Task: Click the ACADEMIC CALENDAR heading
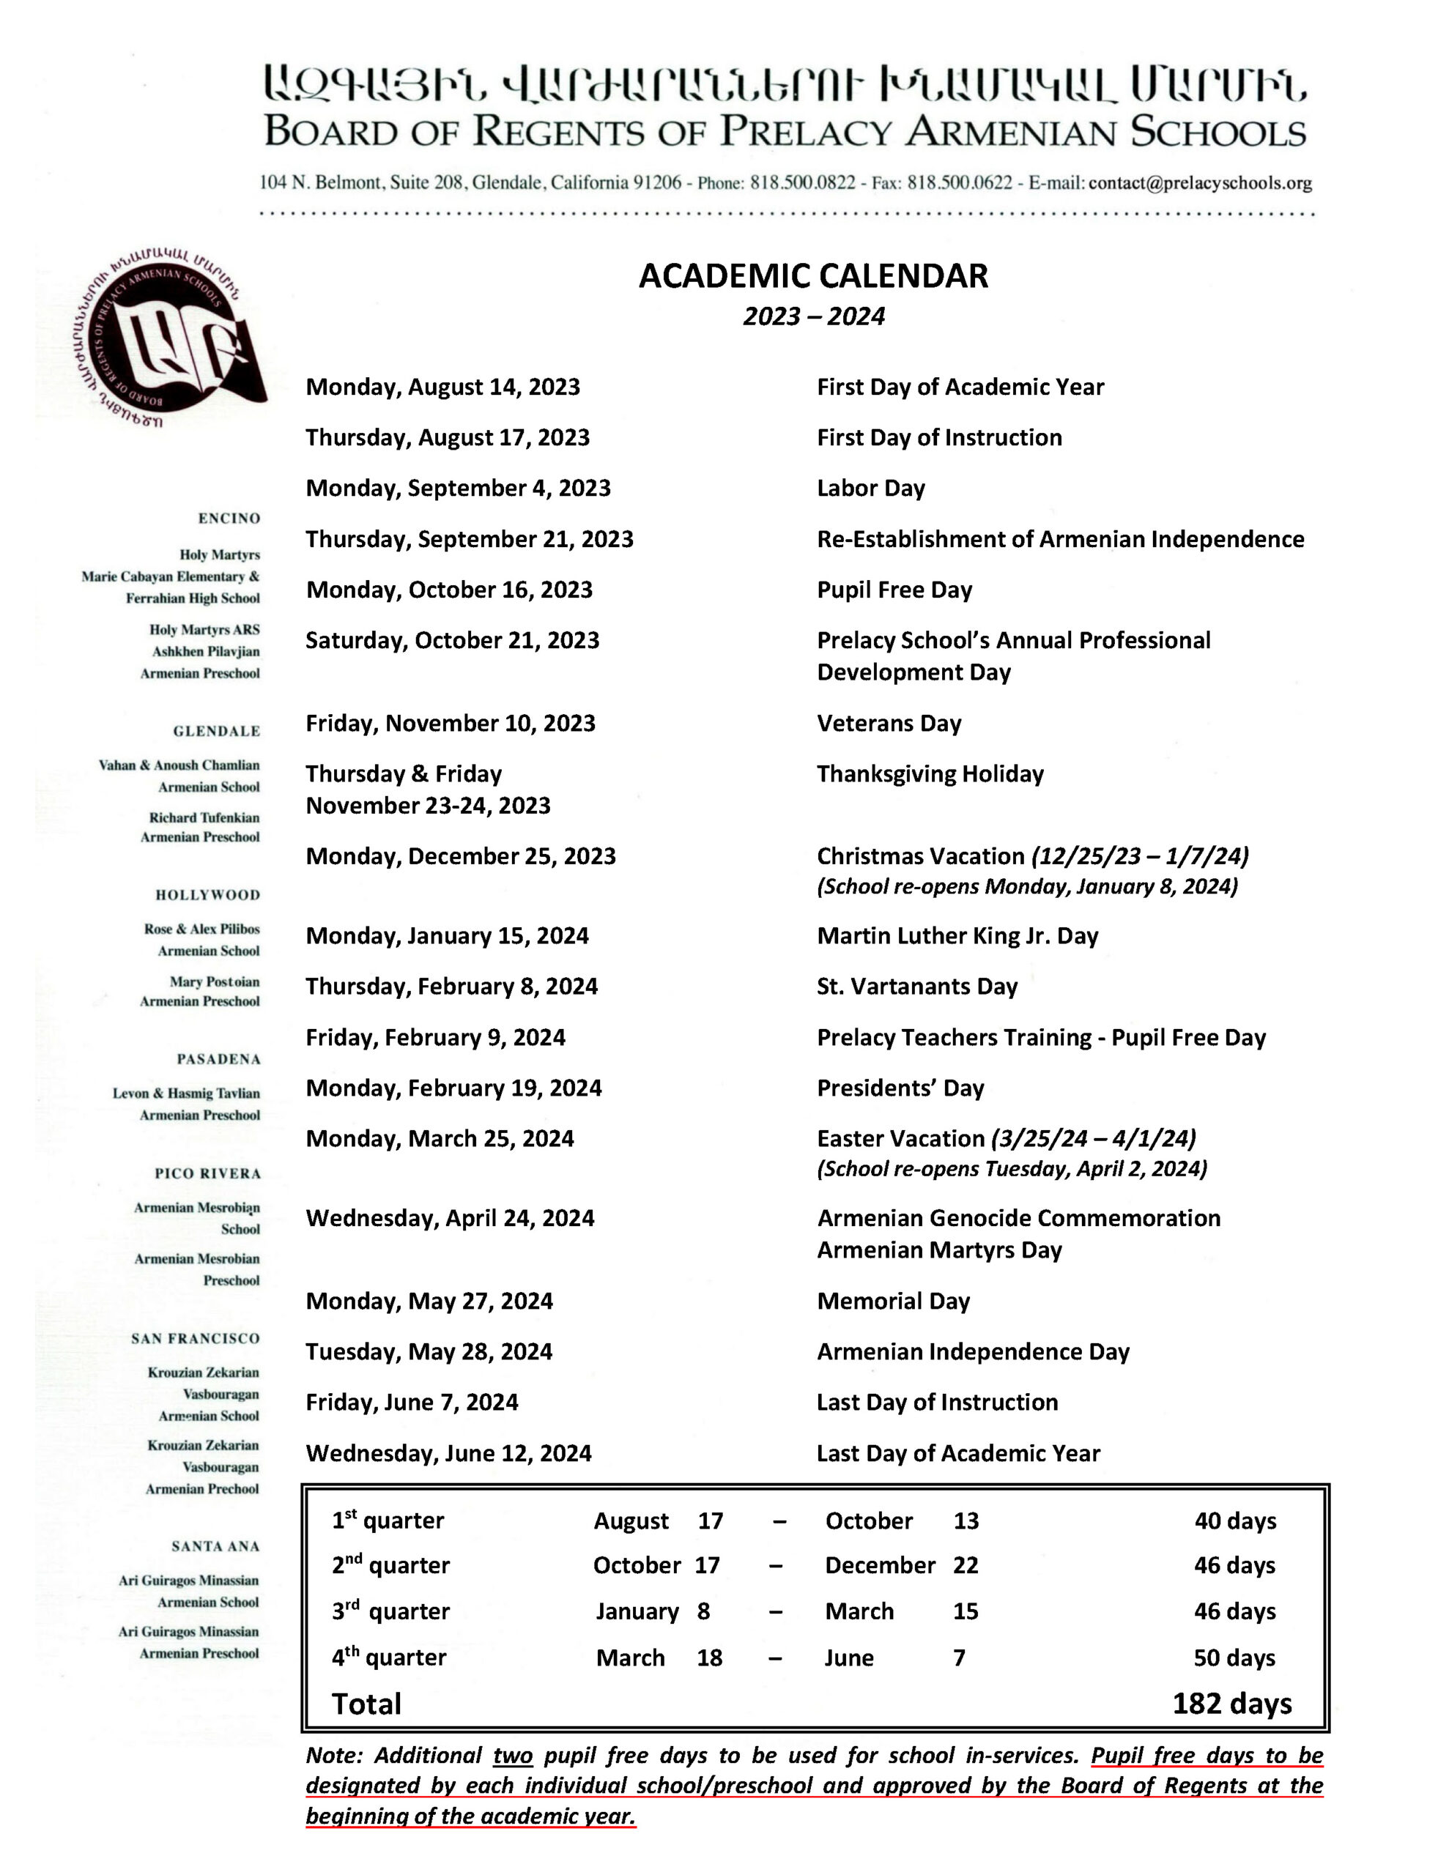(x=812, y=276)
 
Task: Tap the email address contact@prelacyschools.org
(x=1199, y=183)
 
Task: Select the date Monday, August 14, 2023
(x=442, y=387)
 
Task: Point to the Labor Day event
(x=870, y=489)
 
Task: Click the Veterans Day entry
(x=888, y=724)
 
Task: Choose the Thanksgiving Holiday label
(x=930, y=774)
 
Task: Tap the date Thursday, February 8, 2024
(x=451, y=987)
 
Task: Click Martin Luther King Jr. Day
(x=957, y=936)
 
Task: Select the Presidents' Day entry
(x=900, y=1088)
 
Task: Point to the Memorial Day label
(x=892, y=1302)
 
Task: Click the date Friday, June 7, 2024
(x=412, y=1403)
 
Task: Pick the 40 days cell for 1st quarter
(x=1234, y=1521)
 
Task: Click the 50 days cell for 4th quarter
(x=1234, y=1657)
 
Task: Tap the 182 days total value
(x=1231, y=1704)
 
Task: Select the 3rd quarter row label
(x=390, y=1611)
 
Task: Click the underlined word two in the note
(x=513, y=1756)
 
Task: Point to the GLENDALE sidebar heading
(x=216, y=732)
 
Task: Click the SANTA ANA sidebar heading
(x=215, y=1546)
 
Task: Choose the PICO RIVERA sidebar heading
(x=207, y=1173)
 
